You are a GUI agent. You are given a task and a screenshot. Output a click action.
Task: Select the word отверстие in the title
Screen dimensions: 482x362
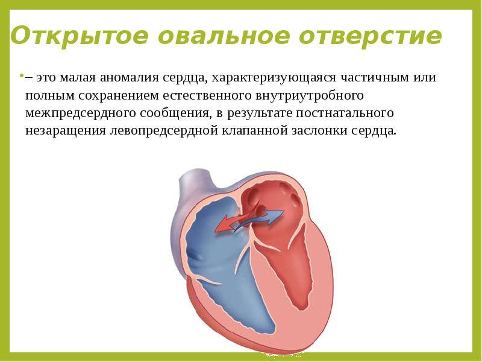[371, 36]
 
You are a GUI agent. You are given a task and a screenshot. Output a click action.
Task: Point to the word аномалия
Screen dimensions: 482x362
[130, 77]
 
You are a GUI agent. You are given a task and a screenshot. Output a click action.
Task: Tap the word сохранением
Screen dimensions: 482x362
[118, 95]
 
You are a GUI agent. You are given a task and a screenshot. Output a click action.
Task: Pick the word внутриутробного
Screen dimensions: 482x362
[310, 96]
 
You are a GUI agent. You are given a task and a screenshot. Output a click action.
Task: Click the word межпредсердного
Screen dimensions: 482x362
[81, 113]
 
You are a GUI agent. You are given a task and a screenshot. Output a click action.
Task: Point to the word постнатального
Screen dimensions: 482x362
[345, 113]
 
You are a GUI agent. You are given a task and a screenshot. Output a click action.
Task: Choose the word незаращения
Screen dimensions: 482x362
[66, 131]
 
